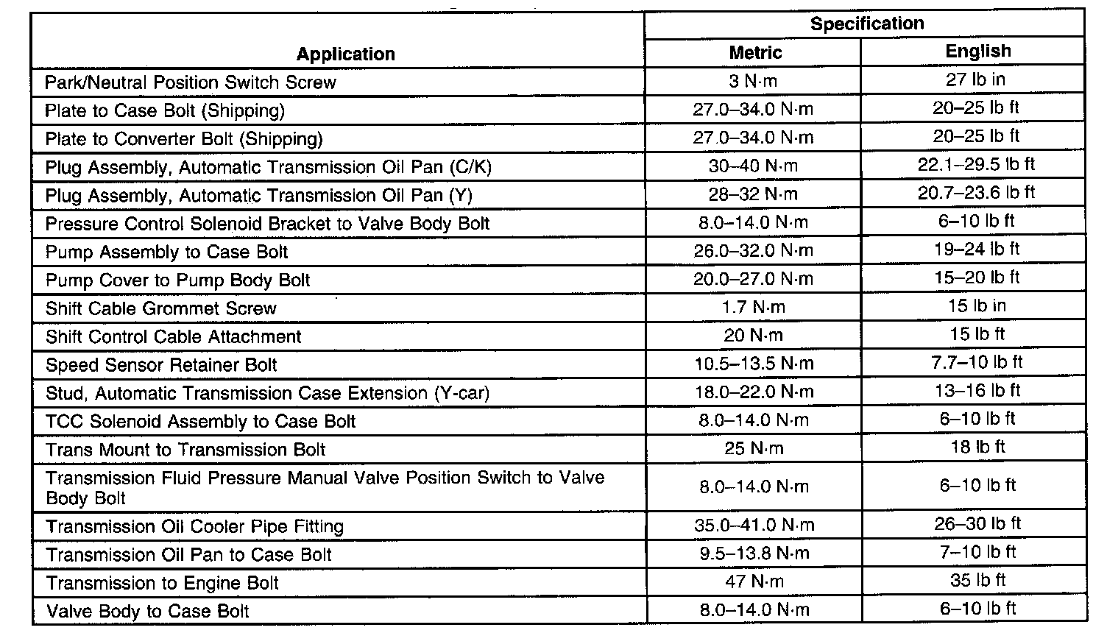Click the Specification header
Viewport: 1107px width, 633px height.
pyautogui.click(x=866, y=24)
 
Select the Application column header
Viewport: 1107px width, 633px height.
pyautogui.click(x=345, y=54)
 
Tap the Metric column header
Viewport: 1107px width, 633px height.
pyautogui.click(x=754, y=52)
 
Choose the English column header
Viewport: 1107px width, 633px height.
pyautogui.click(x=977, y=52)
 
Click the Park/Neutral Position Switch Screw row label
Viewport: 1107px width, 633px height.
pyautogui.click(x=191, y=82)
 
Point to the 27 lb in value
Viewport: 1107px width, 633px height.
pyautogui.click(x=976, y=79)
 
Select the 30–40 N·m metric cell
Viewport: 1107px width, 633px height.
pyautogui.click(x=753, y=166)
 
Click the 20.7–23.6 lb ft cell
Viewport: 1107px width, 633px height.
pyautogui.click(x=976, y=193)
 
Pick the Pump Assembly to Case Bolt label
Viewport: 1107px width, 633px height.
pyautogui.click(x=167, y=252)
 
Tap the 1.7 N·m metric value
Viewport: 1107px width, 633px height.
pyautogui.click(x=753, y=307)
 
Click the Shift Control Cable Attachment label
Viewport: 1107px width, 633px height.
pyautogui.click(x=174, y=337)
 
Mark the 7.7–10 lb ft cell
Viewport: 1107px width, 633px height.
pyautogui.click(x=976, y=362)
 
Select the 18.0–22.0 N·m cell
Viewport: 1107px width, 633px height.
pyautogui.click(x=754, y=392)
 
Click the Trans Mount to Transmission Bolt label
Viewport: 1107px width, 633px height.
pyautogui.click(x=185, y=450)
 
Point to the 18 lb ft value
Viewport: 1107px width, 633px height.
pyautogui.click(x=977, y=448)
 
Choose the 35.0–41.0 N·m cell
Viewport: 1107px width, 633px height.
pyautogui.click(x=754, y=526)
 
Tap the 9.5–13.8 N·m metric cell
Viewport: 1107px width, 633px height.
pyautogui.click(x=754, y=554)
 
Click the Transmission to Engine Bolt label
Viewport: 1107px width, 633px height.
pyautogui.click(x=163, y=584)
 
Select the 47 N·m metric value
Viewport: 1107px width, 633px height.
pyautogui.click(x=754, y=581)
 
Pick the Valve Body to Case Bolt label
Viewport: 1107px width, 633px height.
pyautogui.click(x=148, y=612)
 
